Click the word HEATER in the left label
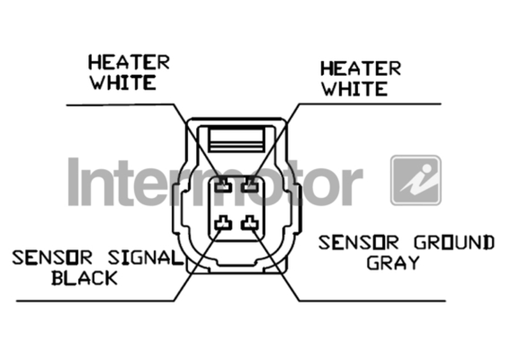click(x=129, y=63)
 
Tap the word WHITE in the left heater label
click(x=123, y=83)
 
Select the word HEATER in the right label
click(x=361, y=68)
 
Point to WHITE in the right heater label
click(x=354, y=88)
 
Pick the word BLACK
click(x=84, y=278)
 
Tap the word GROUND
click(x=453, y=243)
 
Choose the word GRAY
click(x=393, y=262)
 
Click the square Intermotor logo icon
click(x=416, y=180)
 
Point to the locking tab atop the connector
click(x=237, y=137)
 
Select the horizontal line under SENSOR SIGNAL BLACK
click(x=96, y=301)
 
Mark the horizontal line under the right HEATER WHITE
click(x=370, y=104)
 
